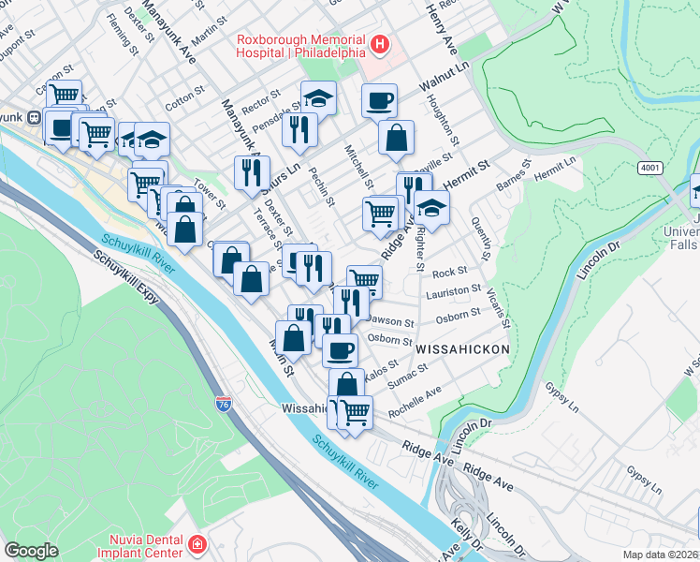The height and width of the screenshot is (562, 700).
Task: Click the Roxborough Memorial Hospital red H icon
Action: [380, 44]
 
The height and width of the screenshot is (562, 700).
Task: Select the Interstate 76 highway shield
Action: [224, 404]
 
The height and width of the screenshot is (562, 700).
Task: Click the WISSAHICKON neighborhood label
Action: [462, 348]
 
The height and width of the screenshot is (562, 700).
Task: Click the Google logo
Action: [31, 551]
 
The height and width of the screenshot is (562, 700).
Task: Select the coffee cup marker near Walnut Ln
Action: [379, 100]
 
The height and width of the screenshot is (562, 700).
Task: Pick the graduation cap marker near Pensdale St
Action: [318, 97]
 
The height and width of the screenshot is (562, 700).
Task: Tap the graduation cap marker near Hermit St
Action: [431, 207]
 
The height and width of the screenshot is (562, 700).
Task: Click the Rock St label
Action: [449, 272]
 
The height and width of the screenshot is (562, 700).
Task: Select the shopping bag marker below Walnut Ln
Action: [397, 138]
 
